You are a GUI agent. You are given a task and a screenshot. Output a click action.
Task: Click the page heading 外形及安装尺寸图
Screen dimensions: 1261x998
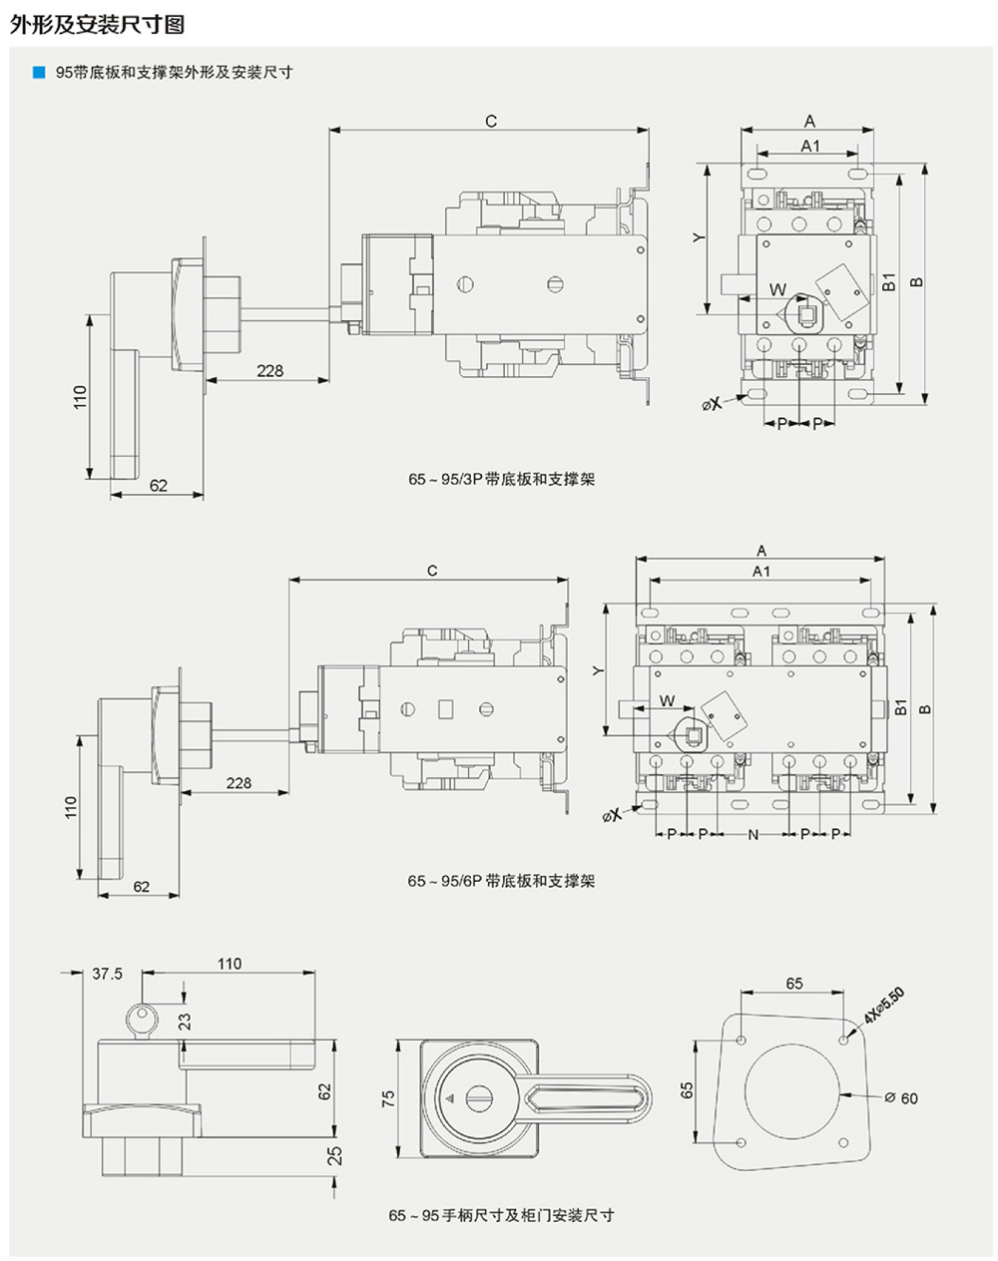pos(97,25)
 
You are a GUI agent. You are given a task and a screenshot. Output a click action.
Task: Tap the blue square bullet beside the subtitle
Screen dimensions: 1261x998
pos(38,72)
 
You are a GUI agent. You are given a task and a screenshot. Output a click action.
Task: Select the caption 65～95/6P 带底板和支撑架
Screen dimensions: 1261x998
pos(501,881)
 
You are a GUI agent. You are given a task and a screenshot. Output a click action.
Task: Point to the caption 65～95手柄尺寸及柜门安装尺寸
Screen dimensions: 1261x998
pos(501,1215)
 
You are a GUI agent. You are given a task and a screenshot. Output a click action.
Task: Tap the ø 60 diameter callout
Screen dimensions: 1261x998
pos(900,1097)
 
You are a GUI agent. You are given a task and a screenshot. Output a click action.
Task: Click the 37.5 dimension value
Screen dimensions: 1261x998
pos(107,974)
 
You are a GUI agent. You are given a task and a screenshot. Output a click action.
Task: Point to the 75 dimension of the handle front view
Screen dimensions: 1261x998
pos(389,1097)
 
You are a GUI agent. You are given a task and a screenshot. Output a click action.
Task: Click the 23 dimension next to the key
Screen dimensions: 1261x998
pos(185,1022)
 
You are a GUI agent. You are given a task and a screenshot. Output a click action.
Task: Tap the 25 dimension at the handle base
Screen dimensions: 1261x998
pos(335,1154)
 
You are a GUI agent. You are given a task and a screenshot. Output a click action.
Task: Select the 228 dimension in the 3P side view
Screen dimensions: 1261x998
pos(269,371)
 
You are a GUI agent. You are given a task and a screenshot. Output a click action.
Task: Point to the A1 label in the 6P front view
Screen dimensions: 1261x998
pos(760,572)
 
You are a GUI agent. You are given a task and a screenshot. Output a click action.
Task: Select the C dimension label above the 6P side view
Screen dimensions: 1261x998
pos(432,571)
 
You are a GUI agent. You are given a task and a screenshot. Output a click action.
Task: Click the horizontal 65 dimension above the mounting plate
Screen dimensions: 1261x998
pos(793,984)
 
